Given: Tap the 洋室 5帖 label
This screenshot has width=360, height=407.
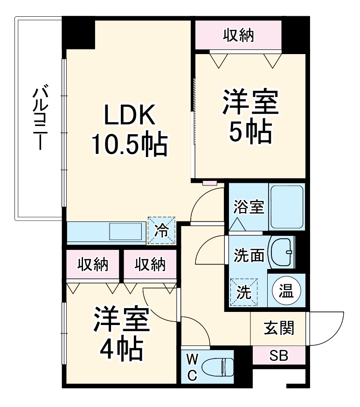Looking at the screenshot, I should (250, 117).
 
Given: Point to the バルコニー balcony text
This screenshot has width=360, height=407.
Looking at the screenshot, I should (40, 117).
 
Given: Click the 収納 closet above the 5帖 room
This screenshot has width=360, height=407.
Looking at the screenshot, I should (238, 35).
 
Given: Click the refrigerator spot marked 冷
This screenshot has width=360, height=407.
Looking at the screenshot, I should (161, 230).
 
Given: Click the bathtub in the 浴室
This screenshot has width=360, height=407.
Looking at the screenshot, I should (287, 207).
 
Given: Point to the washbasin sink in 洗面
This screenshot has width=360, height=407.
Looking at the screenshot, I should (283, 252).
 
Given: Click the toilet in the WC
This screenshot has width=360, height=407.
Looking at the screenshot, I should (220, 366).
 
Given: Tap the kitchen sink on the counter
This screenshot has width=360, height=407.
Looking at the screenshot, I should (126, 231).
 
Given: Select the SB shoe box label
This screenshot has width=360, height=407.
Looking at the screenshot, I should (279, 356).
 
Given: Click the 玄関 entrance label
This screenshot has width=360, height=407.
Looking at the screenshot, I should (279, 328).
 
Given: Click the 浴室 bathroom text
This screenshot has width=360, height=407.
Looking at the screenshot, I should (249, 207).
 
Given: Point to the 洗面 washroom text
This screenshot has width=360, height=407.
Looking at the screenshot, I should (249, 255).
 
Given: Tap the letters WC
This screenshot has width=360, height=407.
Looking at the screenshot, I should (193, 366).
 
